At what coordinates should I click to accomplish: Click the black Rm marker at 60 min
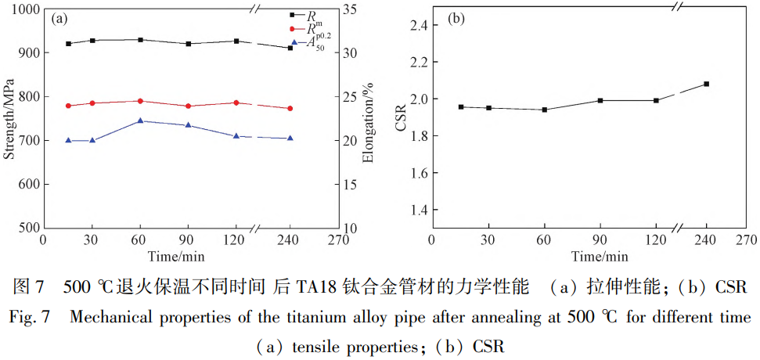[140, 40]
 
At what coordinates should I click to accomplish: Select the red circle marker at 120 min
[236, 103]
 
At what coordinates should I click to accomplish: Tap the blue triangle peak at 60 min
[140, 121]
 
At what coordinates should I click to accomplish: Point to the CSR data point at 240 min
[707, 84]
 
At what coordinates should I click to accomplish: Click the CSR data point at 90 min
[600, 100]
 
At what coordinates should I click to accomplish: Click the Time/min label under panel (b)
[599, 256]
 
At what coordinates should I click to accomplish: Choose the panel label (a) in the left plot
[59, 20]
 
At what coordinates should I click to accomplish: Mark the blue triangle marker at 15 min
[69, 140]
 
